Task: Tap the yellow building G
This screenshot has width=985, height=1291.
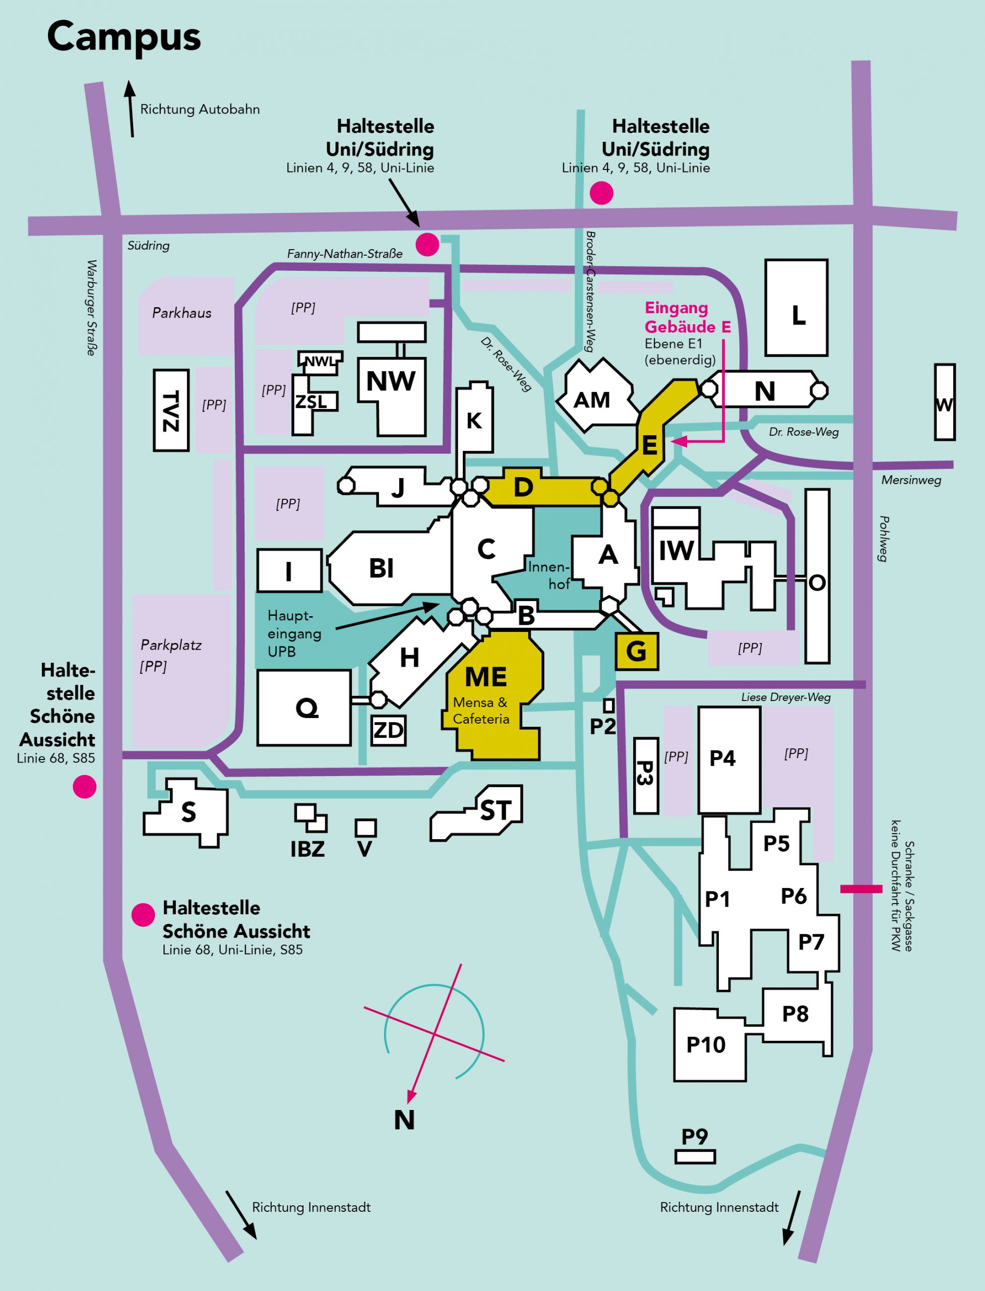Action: (x=637, y=651)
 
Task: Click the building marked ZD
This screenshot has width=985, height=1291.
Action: (x=389, y=730)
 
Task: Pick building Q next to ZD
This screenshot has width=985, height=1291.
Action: (x=304, y=708)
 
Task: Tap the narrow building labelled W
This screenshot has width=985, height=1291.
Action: (x=945, y=402)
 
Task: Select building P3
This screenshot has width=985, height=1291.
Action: (x=646, y=776)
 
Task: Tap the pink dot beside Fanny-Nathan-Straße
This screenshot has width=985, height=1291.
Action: (x=427, y=244)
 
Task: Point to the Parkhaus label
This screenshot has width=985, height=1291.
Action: (x=182, y=313)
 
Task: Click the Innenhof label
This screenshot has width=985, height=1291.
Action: (x=549, y=575)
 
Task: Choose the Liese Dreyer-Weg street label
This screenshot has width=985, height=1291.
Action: (x=786, y=697)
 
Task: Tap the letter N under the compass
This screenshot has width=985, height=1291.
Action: (x=405, y=1120)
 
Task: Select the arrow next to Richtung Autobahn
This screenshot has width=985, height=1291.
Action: (x=130, y=109)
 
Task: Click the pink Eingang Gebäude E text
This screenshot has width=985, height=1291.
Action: (x=688, y=317)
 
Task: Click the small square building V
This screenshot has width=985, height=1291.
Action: (x=366, y=828)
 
